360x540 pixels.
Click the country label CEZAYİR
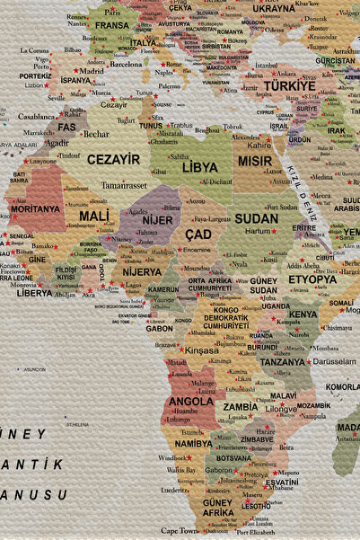tap(113, 159)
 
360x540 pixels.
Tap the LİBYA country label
tap(199, 167)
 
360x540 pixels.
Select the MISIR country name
tap(255, 162)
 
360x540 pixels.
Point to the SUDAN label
tap(257, 218)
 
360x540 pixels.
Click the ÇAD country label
tap(198, 234)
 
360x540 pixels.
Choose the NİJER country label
tap(157, 220)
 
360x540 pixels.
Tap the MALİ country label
tap(93, 217)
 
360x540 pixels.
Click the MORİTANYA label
tap(35, 208)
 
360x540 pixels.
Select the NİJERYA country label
tap(142, 271)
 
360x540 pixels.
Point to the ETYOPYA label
tap(312, 279)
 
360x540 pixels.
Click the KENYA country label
tap(303, 314)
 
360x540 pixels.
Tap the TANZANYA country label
tap(283, 362)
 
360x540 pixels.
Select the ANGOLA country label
tap(191, 402)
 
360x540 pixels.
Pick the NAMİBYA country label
tap(194, 443)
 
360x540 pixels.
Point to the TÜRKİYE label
tap(290, 85)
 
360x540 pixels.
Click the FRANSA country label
tap(112, 25)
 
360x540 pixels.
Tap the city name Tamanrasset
tap(124, 184)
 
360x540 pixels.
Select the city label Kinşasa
tap(201, 350)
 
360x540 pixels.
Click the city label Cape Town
tap(180, 530)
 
